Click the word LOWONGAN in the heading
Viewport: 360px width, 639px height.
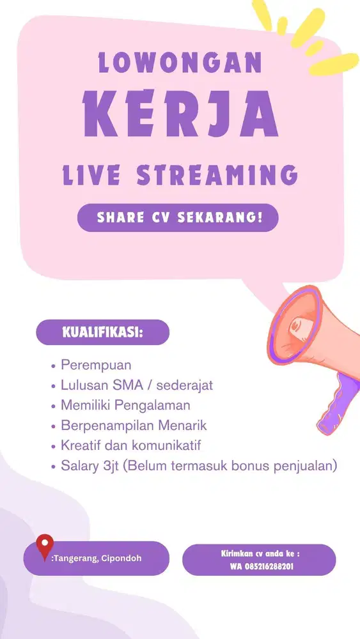[180, 63]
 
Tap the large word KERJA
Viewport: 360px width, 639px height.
[180, 118]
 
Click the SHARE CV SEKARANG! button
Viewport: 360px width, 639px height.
[178, 217]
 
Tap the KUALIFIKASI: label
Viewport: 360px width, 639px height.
[102, 332]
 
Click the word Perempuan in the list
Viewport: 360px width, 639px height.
[96, 366]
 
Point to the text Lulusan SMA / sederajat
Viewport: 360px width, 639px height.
[136, 385]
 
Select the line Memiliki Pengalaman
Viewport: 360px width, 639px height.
[125, 405]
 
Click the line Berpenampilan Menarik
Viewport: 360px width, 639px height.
[134, 425]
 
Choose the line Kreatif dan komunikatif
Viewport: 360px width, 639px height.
[135, 445]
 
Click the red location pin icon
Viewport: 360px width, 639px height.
[44, 546]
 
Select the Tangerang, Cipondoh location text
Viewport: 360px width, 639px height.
[96, 558]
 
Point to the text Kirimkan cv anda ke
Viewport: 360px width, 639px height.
[259, 553]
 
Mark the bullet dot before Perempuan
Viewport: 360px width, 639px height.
[53, 366]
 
